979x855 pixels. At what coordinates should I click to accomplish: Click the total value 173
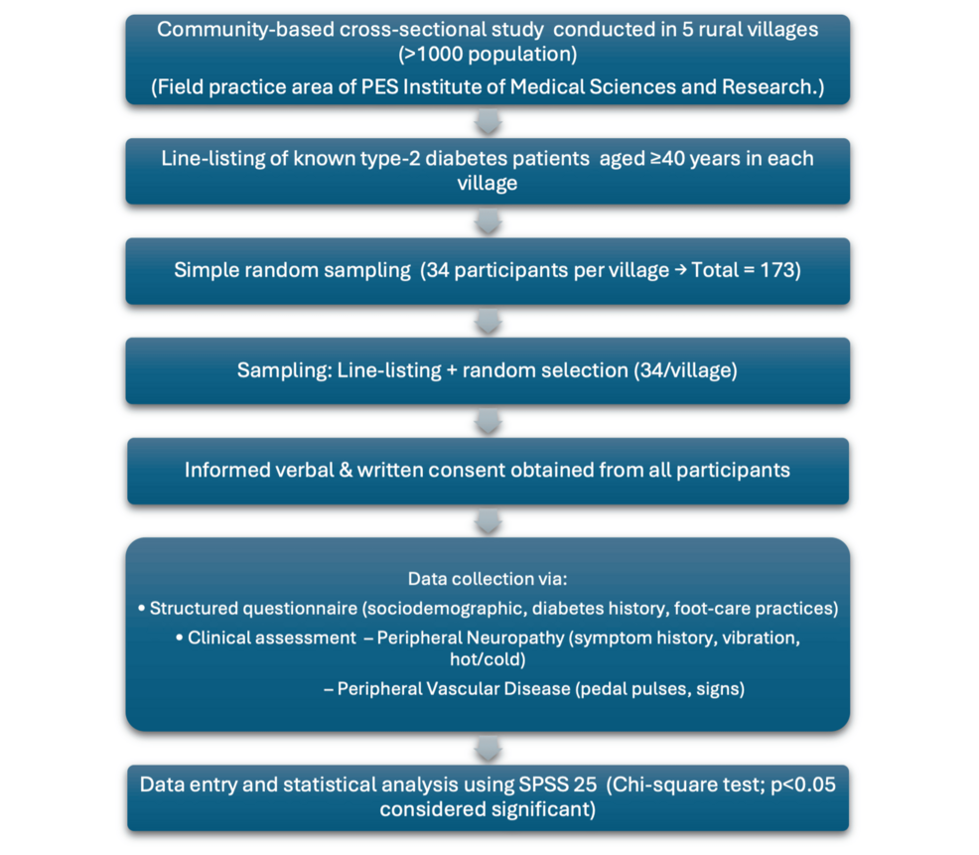coord(776,270)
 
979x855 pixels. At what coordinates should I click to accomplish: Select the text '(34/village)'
coord(685,370)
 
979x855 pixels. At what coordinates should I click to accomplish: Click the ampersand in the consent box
coord(346,470)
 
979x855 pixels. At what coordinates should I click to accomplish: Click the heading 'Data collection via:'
coord(488,579)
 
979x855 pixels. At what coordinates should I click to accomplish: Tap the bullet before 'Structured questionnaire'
coord(142,608)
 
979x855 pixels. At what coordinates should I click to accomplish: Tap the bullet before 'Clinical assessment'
coord(180,638)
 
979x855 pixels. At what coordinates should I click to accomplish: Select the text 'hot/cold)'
coord(488,659)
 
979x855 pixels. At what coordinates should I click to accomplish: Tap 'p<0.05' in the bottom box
coord(803,785)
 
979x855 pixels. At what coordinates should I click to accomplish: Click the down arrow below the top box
coord(488,121)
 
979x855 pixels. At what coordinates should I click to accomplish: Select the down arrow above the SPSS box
coord(488,748)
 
